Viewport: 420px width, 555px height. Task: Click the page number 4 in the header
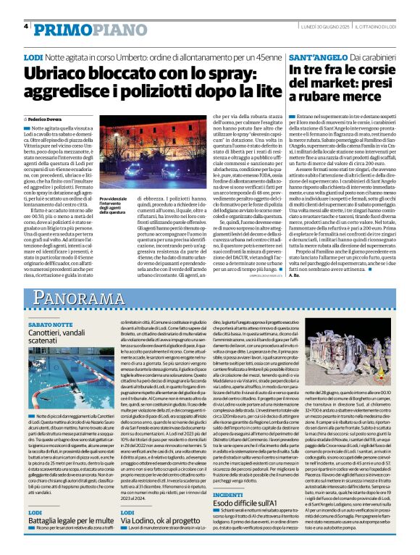(x=25, y=26)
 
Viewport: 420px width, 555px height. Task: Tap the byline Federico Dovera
(x=45, y=117)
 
